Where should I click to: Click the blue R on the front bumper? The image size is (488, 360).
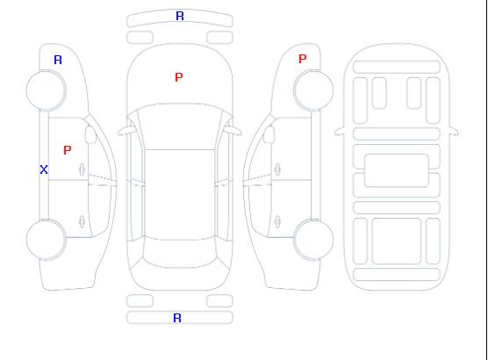(180, 16)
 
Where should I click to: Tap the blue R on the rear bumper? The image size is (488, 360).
(177, 318)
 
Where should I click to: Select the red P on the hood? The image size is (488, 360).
(179, 77)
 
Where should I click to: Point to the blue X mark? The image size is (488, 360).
(44, 169)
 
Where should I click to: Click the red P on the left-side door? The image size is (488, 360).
(68, 150)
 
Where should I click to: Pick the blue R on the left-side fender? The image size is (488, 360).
(58, 60)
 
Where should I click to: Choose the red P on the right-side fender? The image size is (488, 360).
(303, 59)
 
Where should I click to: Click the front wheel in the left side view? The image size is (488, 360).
(46, 90)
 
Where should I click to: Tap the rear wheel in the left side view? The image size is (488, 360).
(46, 240)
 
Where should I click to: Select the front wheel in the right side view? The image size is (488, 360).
(313, 90)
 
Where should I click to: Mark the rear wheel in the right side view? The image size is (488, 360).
(313, 240)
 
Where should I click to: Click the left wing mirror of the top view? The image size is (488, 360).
(126, 131)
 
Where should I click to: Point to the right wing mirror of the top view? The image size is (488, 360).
(233, 131)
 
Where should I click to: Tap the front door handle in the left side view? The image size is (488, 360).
(83, 169)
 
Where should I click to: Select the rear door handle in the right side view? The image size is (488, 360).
(277, 221)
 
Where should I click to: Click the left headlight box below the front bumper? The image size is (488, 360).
(140, 38)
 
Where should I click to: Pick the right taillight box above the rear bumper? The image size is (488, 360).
(219, 301)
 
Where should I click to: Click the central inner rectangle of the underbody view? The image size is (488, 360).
(397, 170)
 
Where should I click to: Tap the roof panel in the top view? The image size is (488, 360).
(180, 195)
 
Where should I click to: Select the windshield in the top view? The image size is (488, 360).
(180, 126)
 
